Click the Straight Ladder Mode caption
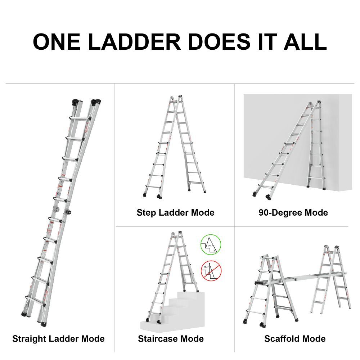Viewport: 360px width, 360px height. [x=58, y=339]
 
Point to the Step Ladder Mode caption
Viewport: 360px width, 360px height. [x=175, y=213]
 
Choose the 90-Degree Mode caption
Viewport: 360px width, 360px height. [x=293, y=213]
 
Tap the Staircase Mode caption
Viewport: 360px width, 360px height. [x=171, y=339]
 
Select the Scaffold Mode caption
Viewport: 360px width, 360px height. [x=294, y=339]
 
